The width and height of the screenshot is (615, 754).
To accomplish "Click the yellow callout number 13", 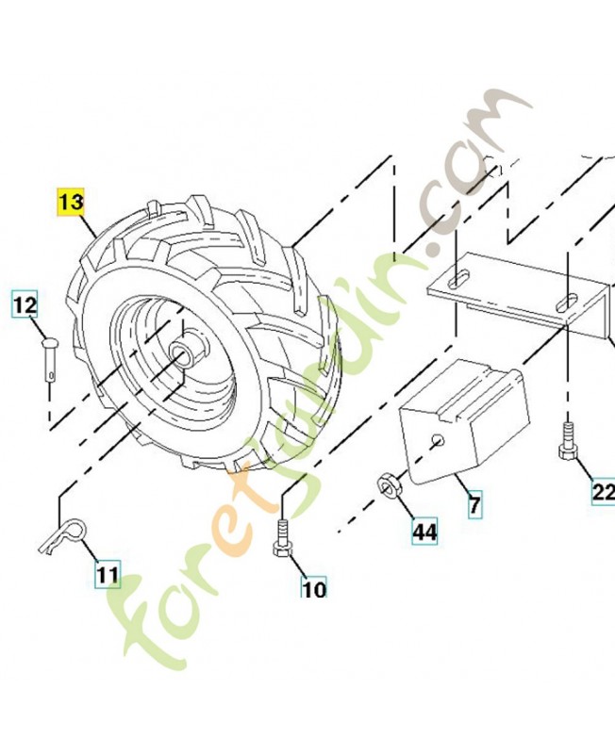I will click(x=71, y=203).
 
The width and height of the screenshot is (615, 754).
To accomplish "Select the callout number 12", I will click(x=25, y=305).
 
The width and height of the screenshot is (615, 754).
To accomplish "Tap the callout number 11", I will click(x=108, y=572).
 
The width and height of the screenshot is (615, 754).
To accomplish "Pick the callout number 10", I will click(x=313, y=588).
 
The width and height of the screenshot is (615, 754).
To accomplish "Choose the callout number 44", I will click(x=424, y=532).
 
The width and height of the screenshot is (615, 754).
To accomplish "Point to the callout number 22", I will click(x=603, y=491).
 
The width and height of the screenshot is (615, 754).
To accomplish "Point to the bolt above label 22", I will click(x=568, y=440).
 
